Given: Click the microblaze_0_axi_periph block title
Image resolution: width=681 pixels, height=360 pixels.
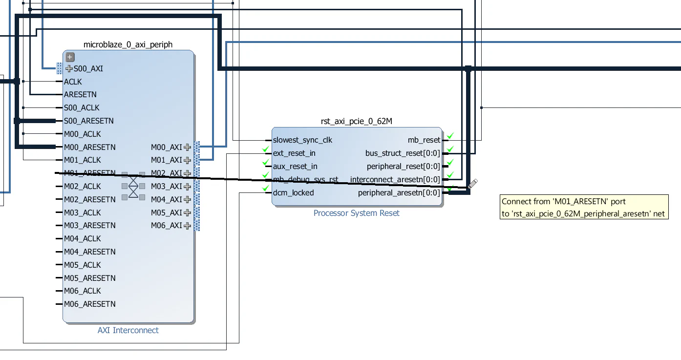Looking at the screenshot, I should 128,44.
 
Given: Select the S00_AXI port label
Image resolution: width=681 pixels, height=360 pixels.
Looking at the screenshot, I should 88,68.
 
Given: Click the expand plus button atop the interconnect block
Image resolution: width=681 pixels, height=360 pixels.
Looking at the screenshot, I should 70,57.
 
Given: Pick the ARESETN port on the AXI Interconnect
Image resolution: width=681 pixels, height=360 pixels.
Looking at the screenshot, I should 80,94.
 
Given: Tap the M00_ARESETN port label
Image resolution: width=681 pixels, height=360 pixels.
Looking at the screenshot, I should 90,147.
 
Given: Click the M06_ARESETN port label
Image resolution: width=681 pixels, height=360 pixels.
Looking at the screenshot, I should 90,304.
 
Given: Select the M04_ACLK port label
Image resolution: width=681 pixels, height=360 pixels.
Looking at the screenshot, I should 83,238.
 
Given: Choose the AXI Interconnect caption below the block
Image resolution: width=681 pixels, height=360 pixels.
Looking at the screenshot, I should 128,330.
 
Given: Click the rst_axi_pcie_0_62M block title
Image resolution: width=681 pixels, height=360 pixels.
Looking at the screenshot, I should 356,121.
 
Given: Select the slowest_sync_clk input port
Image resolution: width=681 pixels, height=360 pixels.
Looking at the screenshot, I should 302,140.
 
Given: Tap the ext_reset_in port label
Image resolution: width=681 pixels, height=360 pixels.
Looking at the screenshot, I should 294,153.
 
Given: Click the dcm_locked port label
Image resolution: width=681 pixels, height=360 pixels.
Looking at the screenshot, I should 293,192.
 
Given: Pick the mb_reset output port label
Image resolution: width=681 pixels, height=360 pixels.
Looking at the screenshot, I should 424,140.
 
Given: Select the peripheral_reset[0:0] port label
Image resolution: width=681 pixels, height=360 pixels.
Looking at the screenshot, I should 403,167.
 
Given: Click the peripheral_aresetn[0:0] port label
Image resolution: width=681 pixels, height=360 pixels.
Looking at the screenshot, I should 399,193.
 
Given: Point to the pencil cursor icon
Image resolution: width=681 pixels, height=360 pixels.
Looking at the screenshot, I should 472,184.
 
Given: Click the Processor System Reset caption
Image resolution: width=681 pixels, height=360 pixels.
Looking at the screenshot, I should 356,213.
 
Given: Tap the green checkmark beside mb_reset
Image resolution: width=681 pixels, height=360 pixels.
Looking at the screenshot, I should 450,136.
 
